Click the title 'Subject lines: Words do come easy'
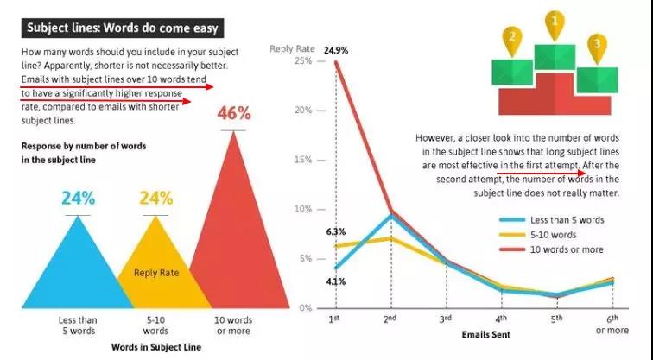pyautogui.click(x=121, y=28)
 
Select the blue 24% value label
pyautogui.click(x=79, y=198)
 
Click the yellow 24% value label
pyautogui.click(x=156, y=198)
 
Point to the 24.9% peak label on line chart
pyautogui.click(x=336, y=50)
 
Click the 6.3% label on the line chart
pyautogui.click(x=336, y=231)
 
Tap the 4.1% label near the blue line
pyautogui.click(x=336, y=281)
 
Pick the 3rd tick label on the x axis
pyautogui.click(x=446, y=319)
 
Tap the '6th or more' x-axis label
pyautogui.click(x=612, y=324)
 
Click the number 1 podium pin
pyautogui.click(x=555, y=21)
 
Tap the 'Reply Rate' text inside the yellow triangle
pyautogui.click(x=156, y=273)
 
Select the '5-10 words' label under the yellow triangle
pyautogui.click(x=156, y=325)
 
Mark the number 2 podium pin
pyautogui.click(x=512, y=37)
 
